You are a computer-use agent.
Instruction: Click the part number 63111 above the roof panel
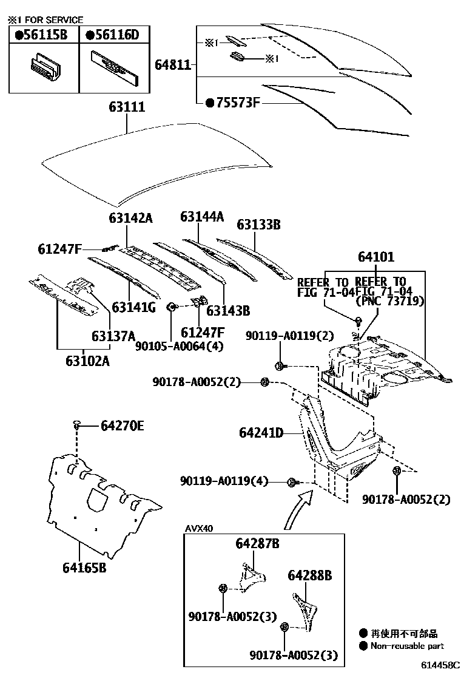[x=127, y=107]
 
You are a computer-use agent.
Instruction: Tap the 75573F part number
[x=233, y=103]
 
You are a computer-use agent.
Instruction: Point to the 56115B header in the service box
[x=41, y=35]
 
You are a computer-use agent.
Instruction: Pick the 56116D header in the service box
[x=113, y=35]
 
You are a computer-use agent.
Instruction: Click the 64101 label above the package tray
[x=376, y=257]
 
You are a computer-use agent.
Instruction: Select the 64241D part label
[x=261, y=433]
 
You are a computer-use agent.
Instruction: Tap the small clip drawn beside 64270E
[x=77, y=426]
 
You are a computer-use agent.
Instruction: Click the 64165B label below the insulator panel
[x=84, y=568]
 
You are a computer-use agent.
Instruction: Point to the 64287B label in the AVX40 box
[x=257, y=544]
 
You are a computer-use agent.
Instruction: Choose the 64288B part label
[x=310, y=575]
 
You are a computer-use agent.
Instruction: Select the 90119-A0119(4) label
[x=224, y=481]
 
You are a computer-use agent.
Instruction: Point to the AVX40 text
[x=199, y=528]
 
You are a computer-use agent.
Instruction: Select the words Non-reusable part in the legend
[x=408, y=646]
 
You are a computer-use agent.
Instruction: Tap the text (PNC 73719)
[x=389, y=301]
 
